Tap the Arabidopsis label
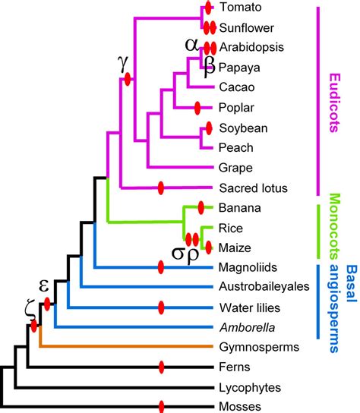pos(247,47)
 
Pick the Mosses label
pos(236,407)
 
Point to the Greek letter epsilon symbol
pos(44,285)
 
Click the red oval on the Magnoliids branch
pos(161,266)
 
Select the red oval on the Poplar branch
pos(198,107)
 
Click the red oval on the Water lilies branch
pos(161,307)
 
